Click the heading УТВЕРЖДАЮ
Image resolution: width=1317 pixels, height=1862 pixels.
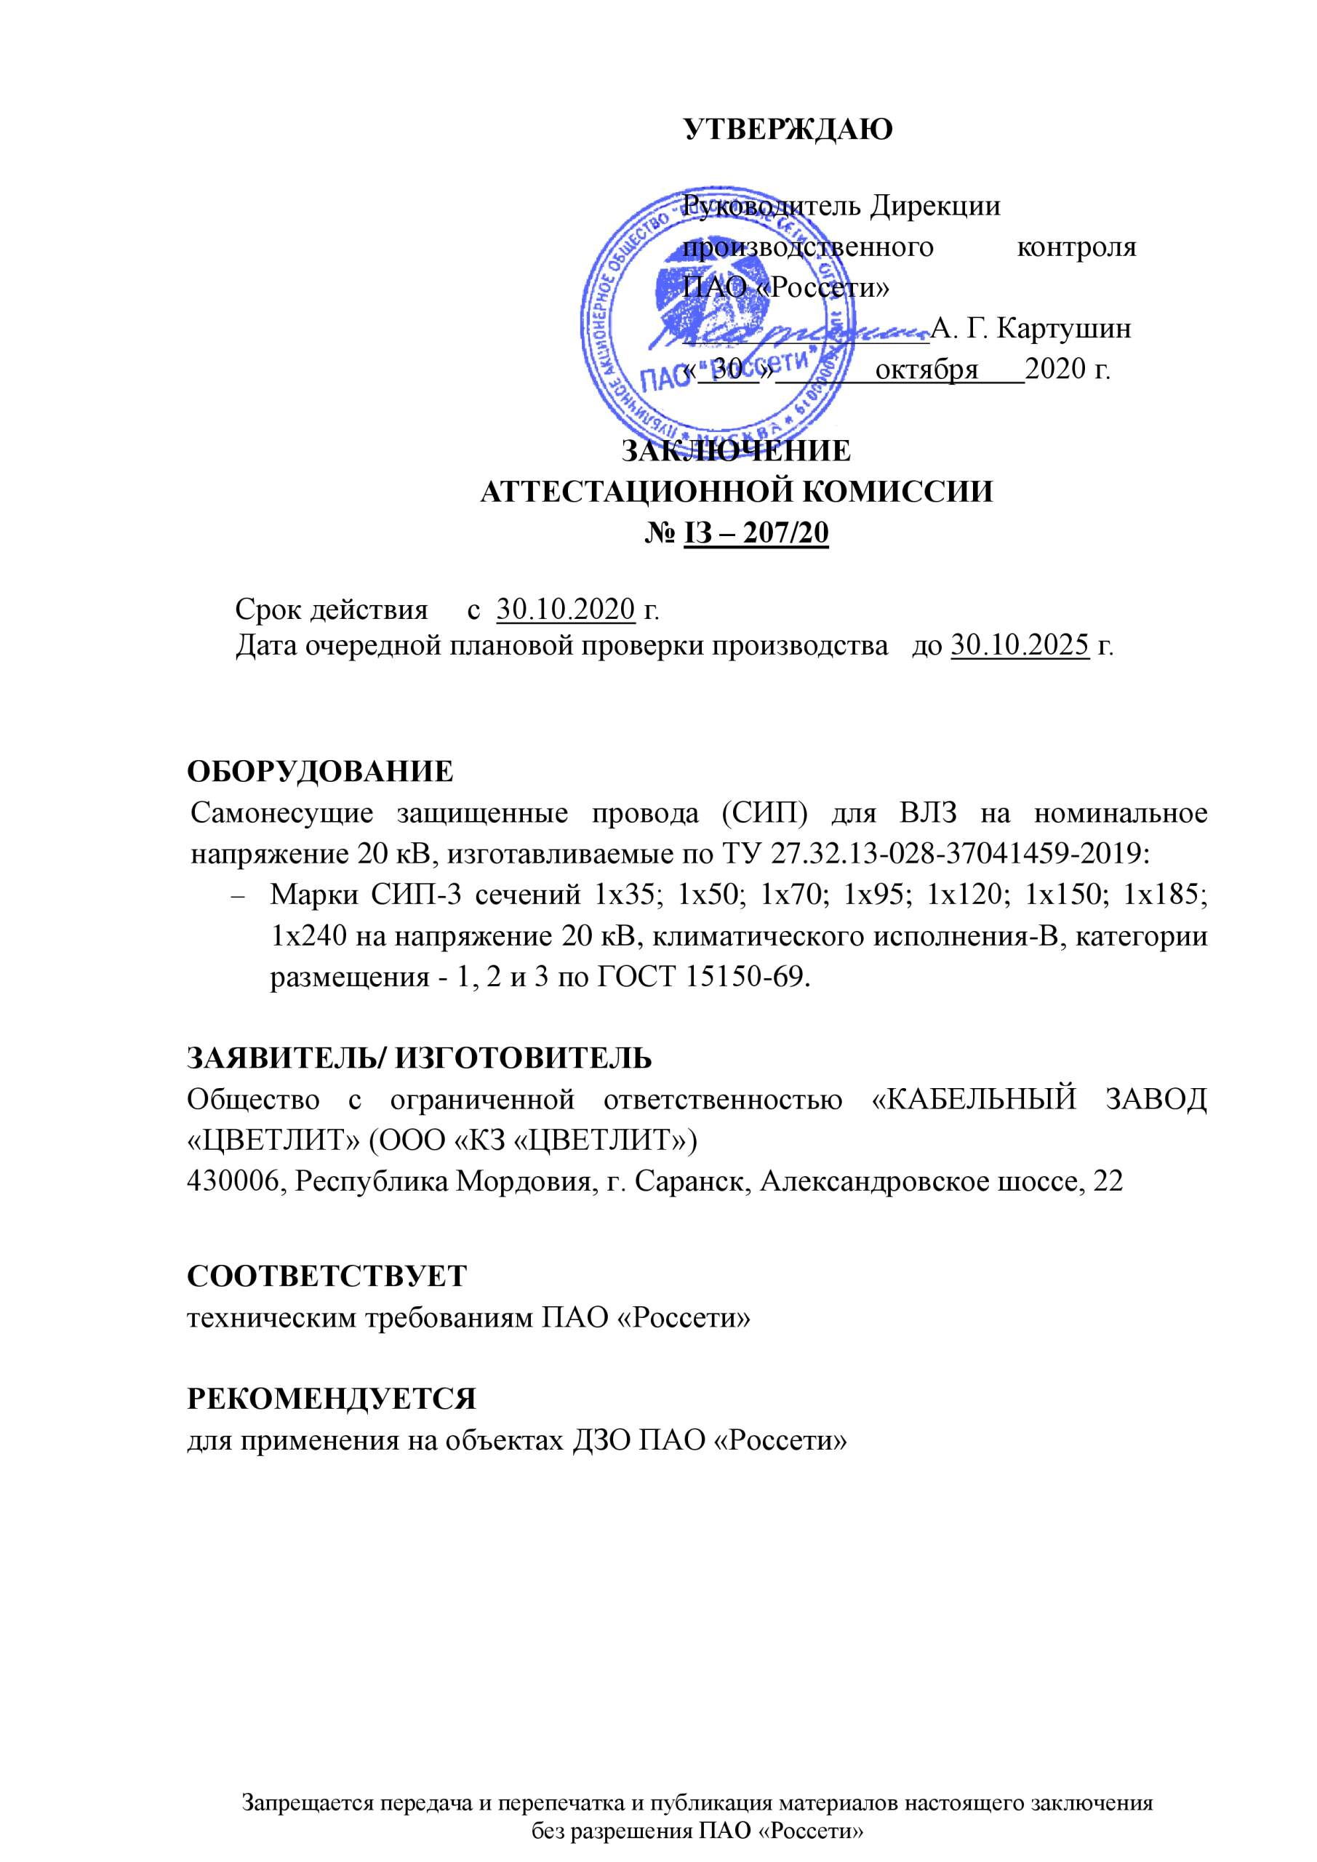click(x=788, y=129)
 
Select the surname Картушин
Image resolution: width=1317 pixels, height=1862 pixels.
click(x=1063, y=329)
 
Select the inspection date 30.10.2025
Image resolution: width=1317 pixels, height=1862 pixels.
click(x=1020, y=647)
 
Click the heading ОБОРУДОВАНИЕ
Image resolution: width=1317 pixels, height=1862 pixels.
click(x=320, y=771)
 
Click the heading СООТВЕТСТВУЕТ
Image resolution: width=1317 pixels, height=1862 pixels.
click(x=328, y=1276)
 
